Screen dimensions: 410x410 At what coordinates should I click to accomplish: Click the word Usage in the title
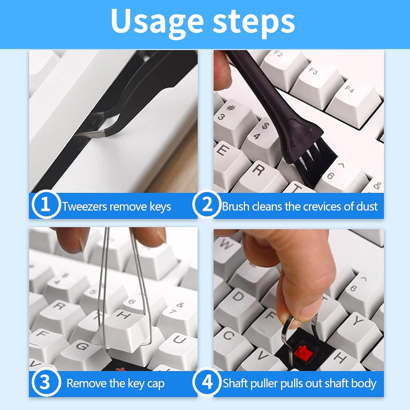(157, 22)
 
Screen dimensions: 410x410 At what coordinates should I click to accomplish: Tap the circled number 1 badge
(45, 204)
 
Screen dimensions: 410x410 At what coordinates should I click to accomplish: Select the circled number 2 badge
(207, 204)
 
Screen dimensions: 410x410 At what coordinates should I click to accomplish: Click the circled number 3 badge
(45, 382)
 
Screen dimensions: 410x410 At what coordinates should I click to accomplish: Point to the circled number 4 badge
(207, 382)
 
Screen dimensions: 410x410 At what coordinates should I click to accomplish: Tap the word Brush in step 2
(235, 206)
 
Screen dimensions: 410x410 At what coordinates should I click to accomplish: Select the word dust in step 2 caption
(367, 206)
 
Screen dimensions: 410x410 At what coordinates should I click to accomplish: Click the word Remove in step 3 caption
(87, 383)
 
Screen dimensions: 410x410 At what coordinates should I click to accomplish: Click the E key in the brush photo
(230, 159)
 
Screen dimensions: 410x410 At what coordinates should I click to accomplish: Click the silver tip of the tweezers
(90, 134)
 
